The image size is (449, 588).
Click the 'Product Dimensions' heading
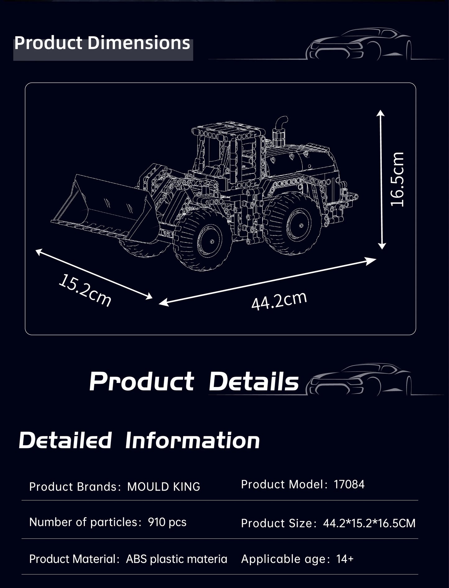102,43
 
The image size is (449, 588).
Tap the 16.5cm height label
397,179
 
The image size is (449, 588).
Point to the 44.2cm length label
279,301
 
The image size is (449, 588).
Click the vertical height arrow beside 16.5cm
381,179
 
